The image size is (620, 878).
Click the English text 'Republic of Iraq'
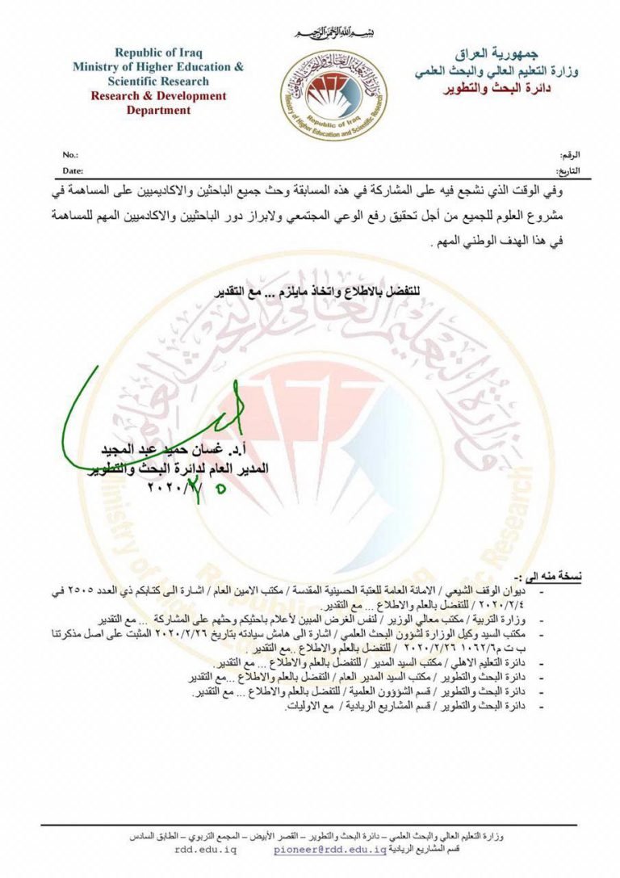coord(158,53)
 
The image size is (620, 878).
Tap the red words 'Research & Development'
coord(158,96)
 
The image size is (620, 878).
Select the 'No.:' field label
coord(70,153)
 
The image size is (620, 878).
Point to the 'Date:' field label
coord(73,171)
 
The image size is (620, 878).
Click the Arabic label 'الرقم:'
coord(569,154)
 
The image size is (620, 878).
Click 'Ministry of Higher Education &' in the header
coord(158,67)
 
